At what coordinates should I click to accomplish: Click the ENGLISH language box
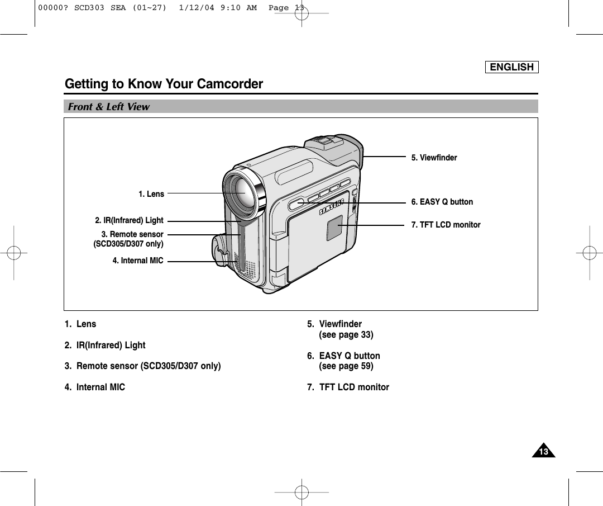pyautogui.click(x=511, y=67)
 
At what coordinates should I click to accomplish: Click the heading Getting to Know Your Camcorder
pyautogui.click(x=164, y=84)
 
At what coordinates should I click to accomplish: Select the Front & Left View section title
pyautogui.click(x=109, y=107)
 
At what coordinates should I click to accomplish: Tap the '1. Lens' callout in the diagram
pyautogui.click(x=151, y=194)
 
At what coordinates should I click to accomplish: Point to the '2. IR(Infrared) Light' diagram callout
pyautogui.click(x=129, y=221)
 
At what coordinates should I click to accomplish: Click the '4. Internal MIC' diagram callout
pyautogui.click(x=138, y=261)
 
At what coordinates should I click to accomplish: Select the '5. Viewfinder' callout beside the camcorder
pyautogui.click(x=434, y=158)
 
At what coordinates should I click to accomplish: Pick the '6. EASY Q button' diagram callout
pyautogui.click(x=442, y=202)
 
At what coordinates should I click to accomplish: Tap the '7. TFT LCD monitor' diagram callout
pyautogui.click(x=446, y=225)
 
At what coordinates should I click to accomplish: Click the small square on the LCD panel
pyautogui.click(x=334, y=228)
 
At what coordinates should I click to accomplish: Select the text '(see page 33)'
pyautogui.click(x=346, y=335)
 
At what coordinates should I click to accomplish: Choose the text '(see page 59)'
pyautogui.click(x=346, y=366)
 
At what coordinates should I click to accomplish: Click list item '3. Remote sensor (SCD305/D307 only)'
pyautogui.click(x=142, y=366)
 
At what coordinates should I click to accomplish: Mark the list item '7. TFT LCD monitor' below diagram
pyautogui.click(x=348, y=387)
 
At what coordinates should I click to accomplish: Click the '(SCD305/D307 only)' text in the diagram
pyautogui.click(x=128, y=244)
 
